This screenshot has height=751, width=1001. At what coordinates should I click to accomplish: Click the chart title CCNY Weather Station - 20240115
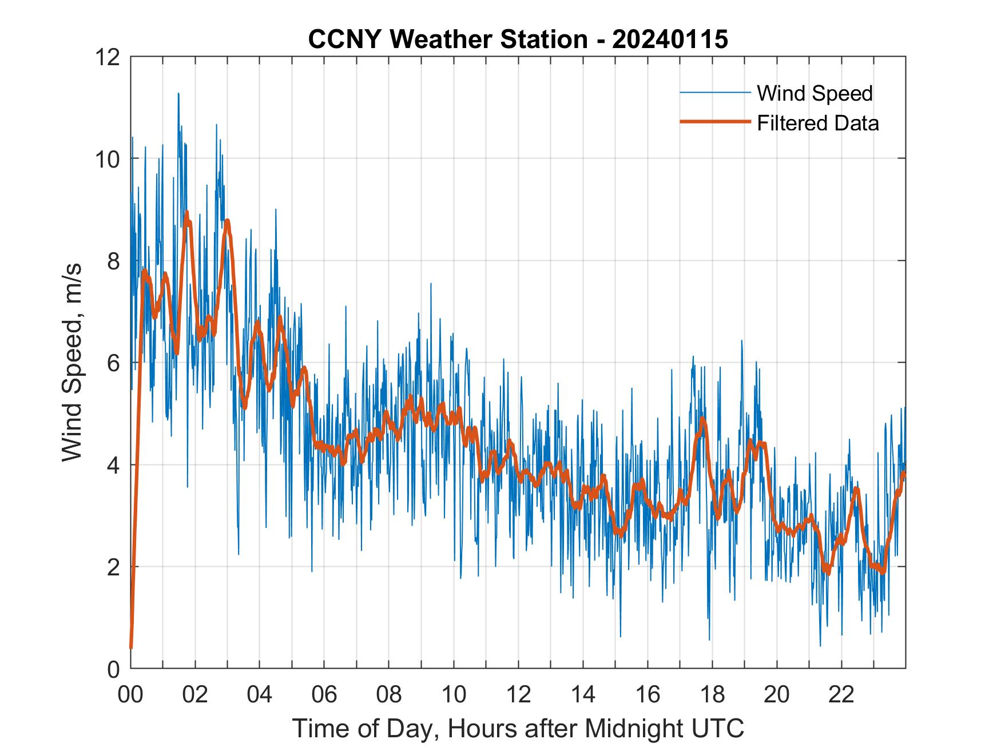pyautogui.click(x=518, y=39)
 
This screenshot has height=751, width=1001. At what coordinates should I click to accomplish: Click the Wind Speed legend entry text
pyautogui.click(x=815, y=93)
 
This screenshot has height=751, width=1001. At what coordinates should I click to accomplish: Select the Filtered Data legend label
pyautogui.click(x=817, y=123)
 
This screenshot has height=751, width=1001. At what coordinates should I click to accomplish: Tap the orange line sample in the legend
pyautogui.click(x=714, y=122)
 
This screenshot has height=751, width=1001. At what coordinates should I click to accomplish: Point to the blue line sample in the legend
pyautogui.click(x=714, y=93)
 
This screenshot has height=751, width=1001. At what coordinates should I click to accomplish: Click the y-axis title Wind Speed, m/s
pyautogui.click(x=72, y=362)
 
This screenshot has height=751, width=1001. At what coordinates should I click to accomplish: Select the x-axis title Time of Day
pyautogui.click(x=518, y=728)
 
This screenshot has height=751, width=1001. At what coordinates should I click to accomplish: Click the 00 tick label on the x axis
pyautogui.click(x=131, y=694)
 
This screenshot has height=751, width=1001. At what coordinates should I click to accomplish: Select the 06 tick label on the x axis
pyautogui.click(x=324, y=694)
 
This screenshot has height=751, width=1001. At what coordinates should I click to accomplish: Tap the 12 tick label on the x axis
pyautogui.click(x=518, y=694)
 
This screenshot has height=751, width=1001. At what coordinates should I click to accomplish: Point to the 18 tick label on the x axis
pyautogui.click(x=712, y=694)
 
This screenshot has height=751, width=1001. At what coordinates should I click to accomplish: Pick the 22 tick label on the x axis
pyautogui.click(x=841, y=694)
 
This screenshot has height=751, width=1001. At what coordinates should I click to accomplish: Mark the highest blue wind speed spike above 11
pyautogui.click(x=178, y=94)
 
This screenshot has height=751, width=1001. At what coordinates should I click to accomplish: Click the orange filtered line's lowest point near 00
pyautogui.click(x=131, y=647)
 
